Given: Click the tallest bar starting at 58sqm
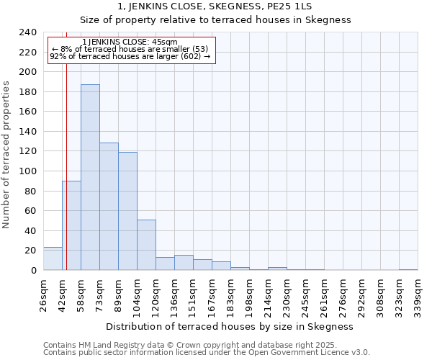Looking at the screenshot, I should [90, 177].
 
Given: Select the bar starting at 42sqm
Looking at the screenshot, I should [71, 225].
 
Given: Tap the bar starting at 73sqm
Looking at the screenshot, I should [109, 207].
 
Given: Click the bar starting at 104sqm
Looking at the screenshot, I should [146, 245].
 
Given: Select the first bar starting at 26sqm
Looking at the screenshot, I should [53, 258].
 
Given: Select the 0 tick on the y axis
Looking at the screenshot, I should [33, 271].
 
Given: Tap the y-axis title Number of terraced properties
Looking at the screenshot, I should [6, 154].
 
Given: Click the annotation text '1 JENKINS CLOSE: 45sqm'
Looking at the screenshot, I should [130, 42].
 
